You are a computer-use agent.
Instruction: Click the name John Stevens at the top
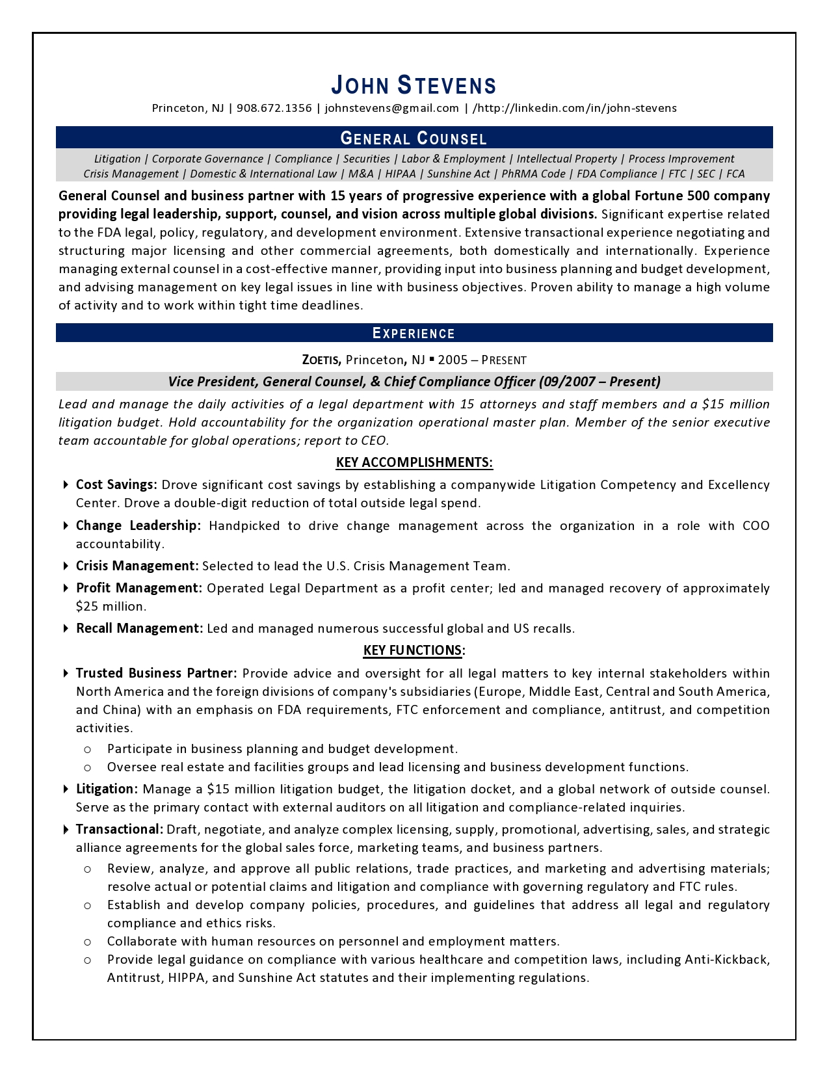click(x=414, y=85)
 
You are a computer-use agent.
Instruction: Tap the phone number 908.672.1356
click(x=274, y=108)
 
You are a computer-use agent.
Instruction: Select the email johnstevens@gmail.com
click(x=392, y=108)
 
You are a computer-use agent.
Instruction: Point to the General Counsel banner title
click(x=414, y=138)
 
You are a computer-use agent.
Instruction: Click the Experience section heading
click(x=414, y=334)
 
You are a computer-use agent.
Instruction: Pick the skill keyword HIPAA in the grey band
click(x=400, y=174)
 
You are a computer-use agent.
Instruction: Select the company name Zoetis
click(x=321, y=360)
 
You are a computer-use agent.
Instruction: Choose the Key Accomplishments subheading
click(x=414, y=462)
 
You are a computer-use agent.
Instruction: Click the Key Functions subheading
click(x=414, y=650)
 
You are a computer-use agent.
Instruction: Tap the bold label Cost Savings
click(x=116, y=484)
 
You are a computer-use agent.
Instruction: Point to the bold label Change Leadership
click(x=138, y=525)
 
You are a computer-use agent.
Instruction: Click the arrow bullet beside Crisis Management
click(x=66, y=566)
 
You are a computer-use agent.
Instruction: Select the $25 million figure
click(x=111, y=606)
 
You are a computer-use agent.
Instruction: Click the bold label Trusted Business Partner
click(x=156, y=673)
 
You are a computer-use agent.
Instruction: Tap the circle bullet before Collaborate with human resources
click(x=87, y=942)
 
